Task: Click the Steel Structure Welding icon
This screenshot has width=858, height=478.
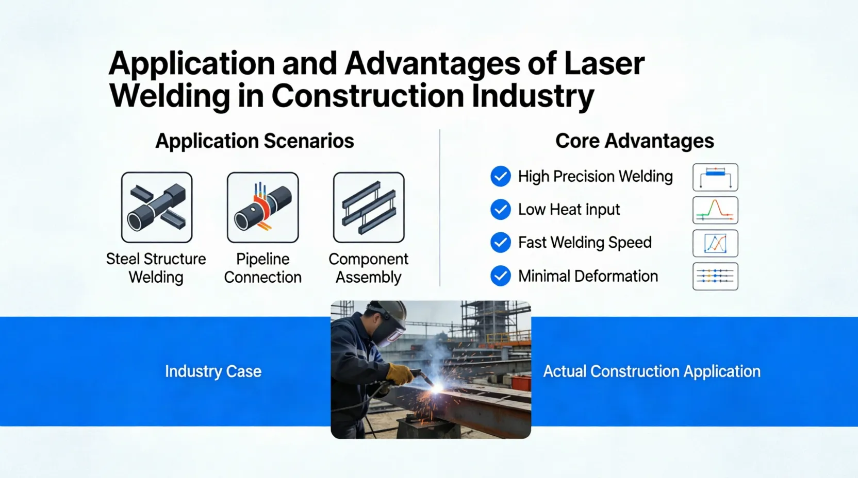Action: (157, 208)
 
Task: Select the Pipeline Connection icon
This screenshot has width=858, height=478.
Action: (262, 208)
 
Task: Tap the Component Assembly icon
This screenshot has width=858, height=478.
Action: (369, 208)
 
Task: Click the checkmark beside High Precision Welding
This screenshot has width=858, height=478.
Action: (500, 176)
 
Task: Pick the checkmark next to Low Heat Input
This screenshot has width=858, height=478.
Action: (500, 210)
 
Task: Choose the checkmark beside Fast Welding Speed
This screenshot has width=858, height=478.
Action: (500, 243)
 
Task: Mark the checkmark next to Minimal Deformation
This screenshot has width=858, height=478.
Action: (500, 276)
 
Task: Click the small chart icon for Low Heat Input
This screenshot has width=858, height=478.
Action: (715, 210)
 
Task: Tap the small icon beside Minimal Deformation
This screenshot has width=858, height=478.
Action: (715, 277)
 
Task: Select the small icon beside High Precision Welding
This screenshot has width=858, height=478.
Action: (715, 177)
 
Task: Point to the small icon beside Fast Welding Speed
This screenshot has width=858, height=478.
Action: (715, 244)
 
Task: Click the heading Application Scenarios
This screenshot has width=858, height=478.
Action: (255, 141)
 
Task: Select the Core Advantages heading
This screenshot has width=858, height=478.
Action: (634, 141)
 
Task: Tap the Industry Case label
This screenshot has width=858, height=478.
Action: (213, 371)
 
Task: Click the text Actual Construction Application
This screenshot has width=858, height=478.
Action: (652, 371)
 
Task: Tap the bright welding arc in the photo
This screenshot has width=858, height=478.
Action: (438, 387)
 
